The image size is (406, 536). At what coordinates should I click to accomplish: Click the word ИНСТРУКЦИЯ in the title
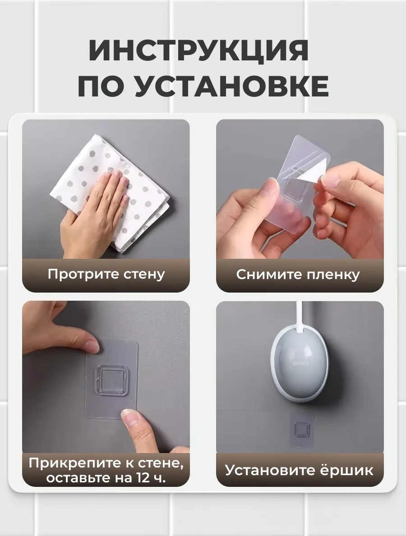[x=199, y=51]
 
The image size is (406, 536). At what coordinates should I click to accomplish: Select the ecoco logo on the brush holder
[x=300, y=363]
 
